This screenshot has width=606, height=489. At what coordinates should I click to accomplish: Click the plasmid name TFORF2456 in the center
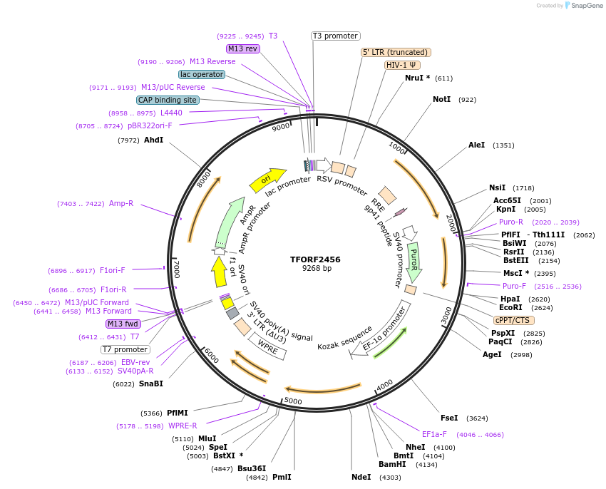click(x=315, y=259)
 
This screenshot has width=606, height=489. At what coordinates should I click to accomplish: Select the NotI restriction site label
click(x=442, y=99)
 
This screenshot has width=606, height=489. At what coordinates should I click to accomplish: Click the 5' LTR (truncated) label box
click(x=396, y=52)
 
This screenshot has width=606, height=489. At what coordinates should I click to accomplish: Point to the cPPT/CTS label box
click(x=512, y=320)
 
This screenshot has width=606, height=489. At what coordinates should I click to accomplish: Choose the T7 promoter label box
click(x=125, y=349)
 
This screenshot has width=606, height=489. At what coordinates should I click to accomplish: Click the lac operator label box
click(x=202, y=74)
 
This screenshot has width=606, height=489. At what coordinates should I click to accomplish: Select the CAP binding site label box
click(x=168, y=100)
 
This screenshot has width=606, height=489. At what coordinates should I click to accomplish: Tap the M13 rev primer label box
click(x=242, y=48)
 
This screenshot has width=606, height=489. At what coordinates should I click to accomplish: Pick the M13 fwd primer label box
click(x=123, y=324)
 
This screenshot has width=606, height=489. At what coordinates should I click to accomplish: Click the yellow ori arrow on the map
click(x=267, y=180)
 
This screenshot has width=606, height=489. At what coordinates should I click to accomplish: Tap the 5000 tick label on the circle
click(x=293, y=401)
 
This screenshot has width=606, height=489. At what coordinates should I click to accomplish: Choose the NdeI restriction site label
click(x=361, y=477)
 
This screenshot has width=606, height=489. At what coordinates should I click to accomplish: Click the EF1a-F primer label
click(x=434, y=434)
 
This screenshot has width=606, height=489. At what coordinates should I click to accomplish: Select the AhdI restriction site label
click(x=154, y=140)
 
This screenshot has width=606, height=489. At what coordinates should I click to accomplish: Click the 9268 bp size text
click(x=317, y=269)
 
